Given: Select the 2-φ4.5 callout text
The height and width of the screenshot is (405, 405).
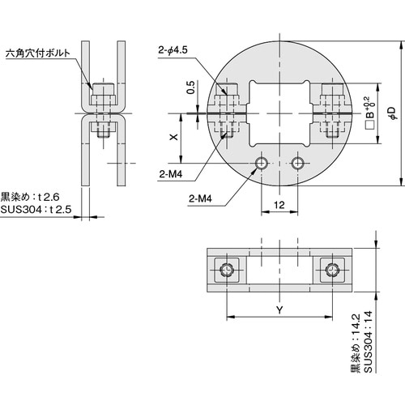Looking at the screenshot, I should click(175, 49).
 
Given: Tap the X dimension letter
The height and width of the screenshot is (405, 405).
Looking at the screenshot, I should click(173, 138).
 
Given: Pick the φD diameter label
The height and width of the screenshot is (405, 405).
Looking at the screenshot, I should click(391, 109).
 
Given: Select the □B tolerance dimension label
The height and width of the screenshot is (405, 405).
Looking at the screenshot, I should click(370, 110).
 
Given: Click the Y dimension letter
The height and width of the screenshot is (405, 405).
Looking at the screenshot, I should click(280, 309).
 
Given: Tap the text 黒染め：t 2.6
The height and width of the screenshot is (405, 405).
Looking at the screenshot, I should click(32, 196).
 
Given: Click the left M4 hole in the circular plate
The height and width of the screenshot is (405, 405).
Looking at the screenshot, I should click(261, 164).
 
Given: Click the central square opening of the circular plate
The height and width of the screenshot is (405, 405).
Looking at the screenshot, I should click(279, 109).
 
